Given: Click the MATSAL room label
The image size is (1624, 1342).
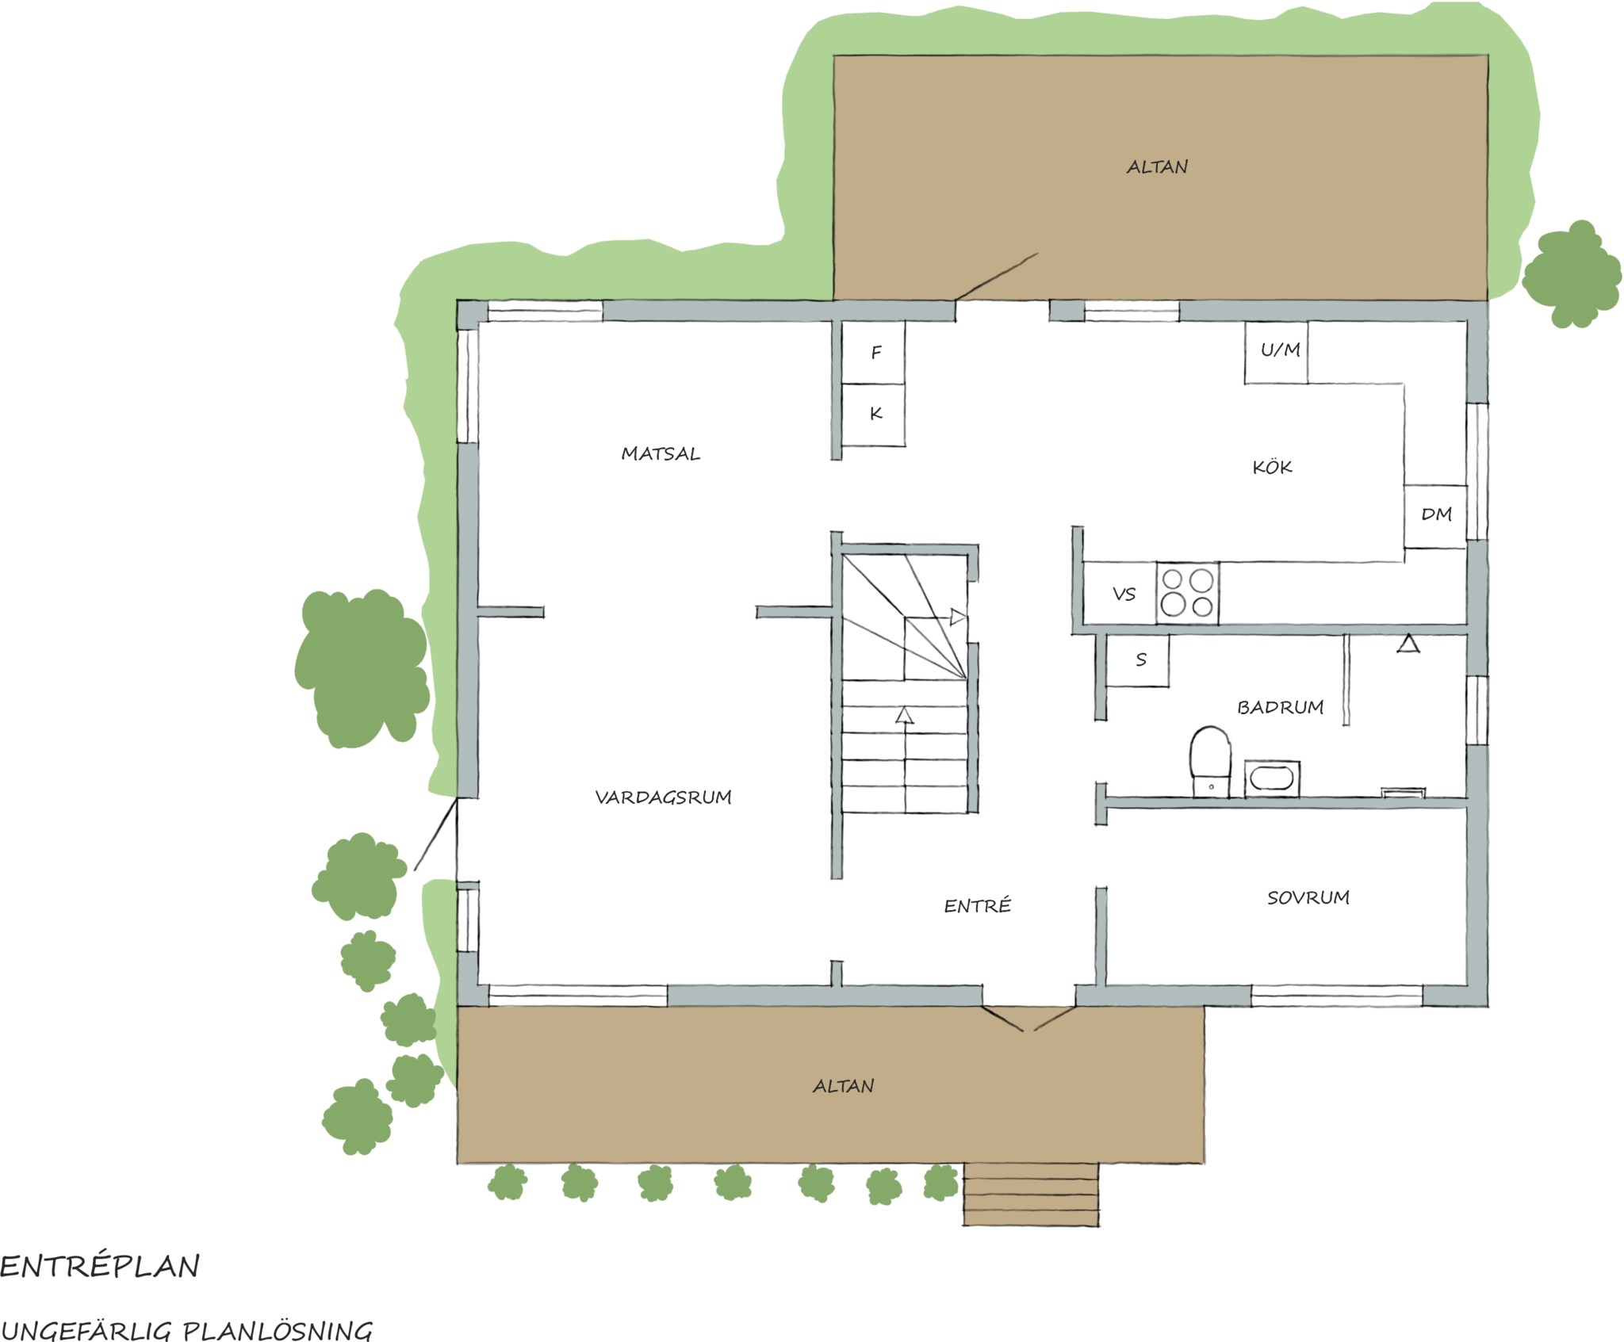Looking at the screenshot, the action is coord(661,454).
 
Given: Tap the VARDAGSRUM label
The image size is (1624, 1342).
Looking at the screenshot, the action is coord(664,797).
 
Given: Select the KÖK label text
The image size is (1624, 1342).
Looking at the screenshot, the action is coord(1273,466).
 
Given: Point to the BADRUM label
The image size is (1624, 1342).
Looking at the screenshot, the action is coord(1281,707).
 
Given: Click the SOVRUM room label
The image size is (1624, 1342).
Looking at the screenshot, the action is coord(1308,897).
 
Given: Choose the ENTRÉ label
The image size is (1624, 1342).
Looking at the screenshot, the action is coord(978,905).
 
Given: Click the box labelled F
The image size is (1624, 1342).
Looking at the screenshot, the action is coord(873,352).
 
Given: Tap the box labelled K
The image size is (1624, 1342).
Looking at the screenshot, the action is coord(873,415).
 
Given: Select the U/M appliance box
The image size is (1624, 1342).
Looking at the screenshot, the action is coord(1276,352).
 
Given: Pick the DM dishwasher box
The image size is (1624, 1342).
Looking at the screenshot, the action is coord(1435,516).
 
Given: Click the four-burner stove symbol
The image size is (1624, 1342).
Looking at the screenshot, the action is coord(1187,593).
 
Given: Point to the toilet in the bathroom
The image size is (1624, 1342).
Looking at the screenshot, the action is coord(1211,761).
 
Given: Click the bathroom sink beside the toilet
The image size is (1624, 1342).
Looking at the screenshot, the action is coord(1272,778).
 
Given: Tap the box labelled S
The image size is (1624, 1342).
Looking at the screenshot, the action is coord(1138,660).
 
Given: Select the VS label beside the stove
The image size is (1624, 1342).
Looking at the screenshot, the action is coord(1124,594).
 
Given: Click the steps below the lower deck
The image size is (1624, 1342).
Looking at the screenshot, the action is coord(1031,1195).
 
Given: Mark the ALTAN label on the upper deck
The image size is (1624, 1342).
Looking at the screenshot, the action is coord(1157,167).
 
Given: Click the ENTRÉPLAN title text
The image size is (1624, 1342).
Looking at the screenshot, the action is coord(100,1266).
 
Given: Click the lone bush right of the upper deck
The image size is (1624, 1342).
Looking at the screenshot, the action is coord(1572,274).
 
